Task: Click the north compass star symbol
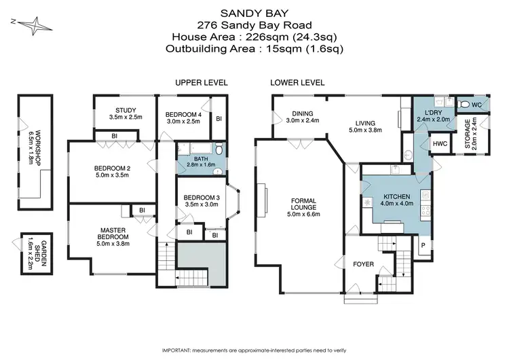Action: coord(30,25)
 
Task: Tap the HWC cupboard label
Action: coord(439,143)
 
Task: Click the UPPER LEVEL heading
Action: coord(201,82)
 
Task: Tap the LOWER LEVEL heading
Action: coord(297,82)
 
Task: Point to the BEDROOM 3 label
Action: coord(201,198)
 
